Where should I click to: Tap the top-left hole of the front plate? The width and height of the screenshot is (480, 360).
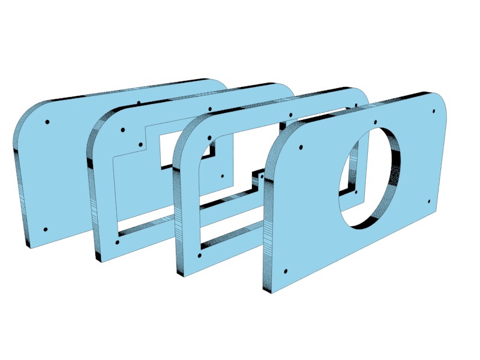301,147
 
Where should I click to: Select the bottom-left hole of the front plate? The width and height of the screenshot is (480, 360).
285,271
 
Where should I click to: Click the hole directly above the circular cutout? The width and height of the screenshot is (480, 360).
375,122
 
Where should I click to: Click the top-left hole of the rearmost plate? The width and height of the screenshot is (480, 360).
47,122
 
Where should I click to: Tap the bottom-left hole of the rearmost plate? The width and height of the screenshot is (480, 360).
46,230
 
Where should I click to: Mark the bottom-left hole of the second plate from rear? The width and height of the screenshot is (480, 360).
116,242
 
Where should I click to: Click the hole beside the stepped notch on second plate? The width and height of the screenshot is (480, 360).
222,176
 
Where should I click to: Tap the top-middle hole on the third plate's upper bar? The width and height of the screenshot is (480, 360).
291,115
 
